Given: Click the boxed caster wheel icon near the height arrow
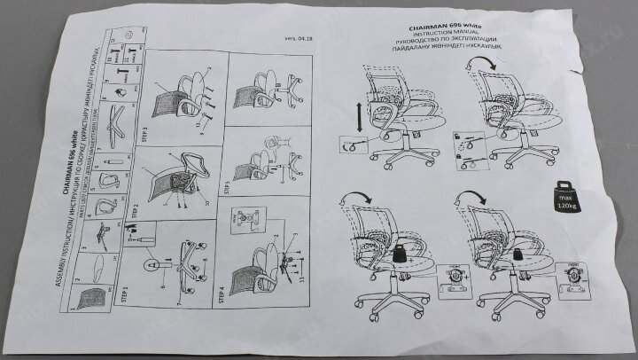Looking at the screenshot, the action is point(352,145).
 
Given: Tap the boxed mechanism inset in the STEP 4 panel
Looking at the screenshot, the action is point(240,222).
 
